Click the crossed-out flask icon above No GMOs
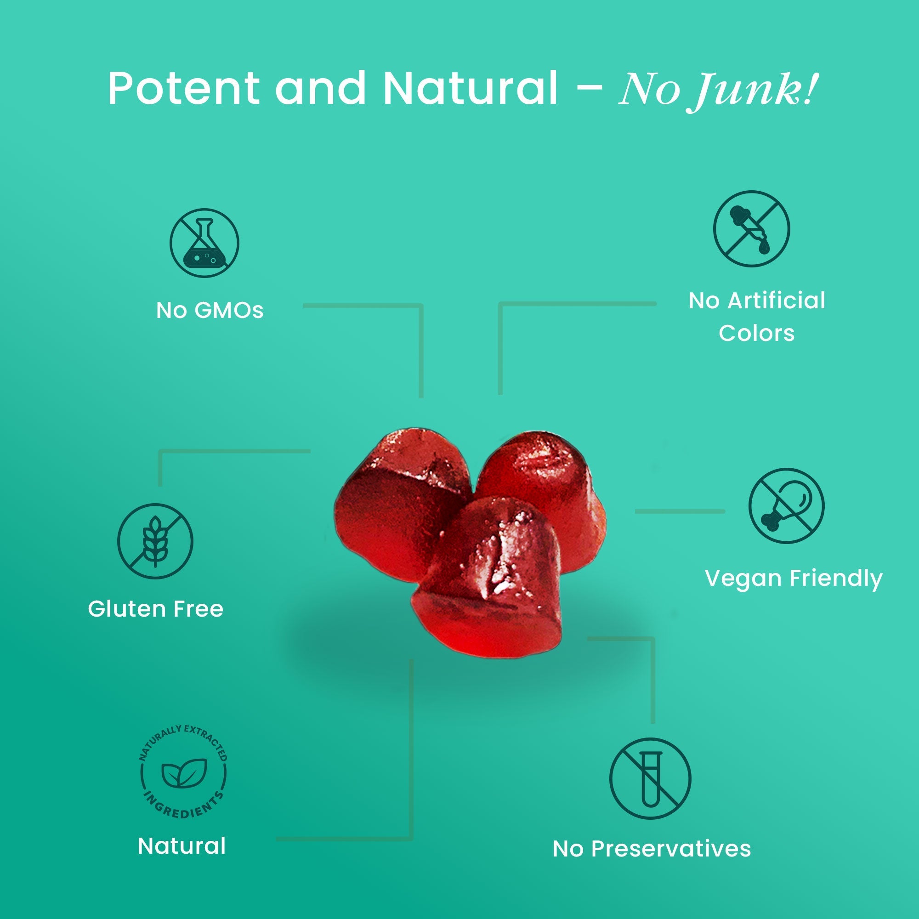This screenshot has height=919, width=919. [204, 243]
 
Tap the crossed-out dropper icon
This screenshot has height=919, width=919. [751, 229]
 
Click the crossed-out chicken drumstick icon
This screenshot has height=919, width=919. [786, 505]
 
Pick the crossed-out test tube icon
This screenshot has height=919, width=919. [650, 779]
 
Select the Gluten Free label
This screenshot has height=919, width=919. [156, 609]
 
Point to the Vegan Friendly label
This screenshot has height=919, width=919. [794, 579]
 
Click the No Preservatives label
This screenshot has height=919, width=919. [651, 849]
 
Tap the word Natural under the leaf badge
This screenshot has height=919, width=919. [182, 846]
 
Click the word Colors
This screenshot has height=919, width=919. [756, 333]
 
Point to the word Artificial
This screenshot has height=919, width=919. [776, 301]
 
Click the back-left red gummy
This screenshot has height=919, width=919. [395, 499]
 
